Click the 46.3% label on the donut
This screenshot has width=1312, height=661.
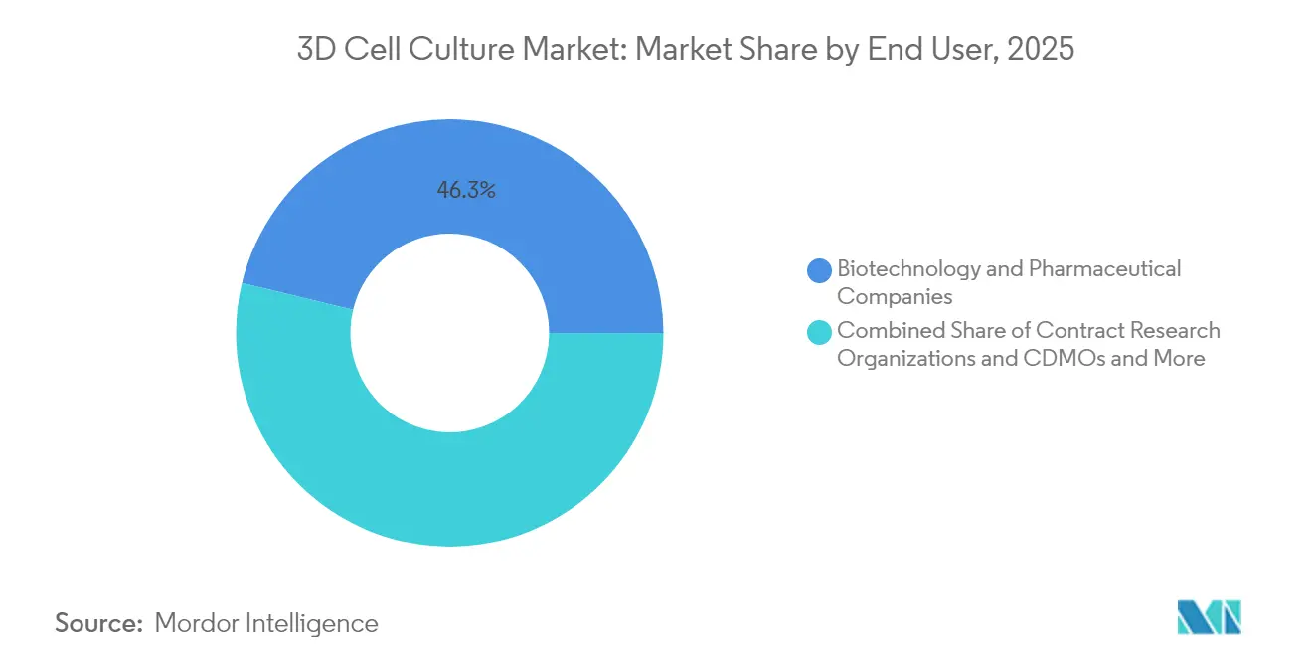466,190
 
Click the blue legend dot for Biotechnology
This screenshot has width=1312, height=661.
820,270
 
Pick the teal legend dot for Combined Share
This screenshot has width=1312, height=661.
820,332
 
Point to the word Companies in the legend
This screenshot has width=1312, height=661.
895,296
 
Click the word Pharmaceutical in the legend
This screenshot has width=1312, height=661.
1104,268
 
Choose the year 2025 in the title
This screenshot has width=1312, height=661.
1041,50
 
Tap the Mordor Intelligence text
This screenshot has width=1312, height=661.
266,623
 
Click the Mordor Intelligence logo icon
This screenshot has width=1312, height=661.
1209,617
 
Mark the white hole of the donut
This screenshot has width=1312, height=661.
449,333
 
